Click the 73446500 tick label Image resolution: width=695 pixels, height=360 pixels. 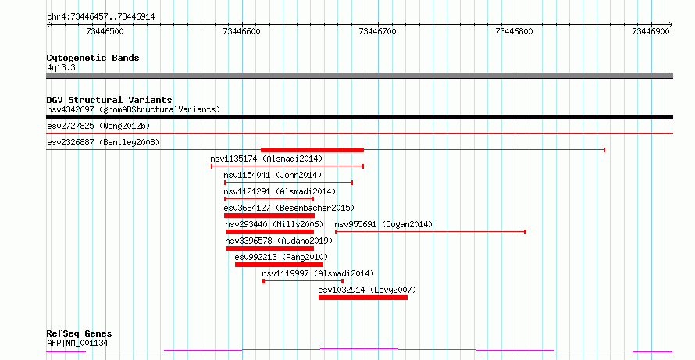pos(105,31)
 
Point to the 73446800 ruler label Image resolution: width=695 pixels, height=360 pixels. pos(515,31)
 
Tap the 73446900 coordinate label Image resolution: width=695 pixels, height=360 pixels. pos(650,31)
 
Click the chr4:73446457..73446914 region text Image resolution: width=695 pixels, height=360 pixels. pos(101,17)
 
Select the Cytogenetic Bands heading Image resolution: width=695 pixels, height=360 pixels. pos(93,58)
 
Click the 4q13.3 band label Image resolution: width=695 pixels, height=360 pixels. pos(61,68)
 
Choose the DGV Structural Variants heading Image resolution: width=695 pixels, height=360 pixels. pos(109,100)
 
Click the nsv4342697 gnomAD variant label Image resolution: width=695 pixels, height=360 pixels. pos(134,109)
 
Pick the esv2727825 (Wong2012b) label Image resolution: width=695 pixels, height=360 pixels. pos(99,126)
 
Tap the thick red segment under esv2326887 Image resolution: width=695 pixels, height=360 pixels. pos(312,150)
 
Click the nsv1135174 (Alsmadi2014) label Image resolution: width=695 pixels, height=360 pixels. pos(266,159)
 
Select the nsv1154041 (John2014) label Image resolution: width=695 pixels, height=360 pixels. pos(273,175)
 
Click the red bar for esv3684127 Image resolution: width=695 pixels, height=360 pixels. pos(269,216)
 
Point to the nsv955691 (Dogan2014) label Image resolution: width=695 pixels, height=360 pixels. pos(383,224)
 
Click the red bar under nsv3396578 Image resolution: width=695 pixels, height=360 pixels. pos(270,248)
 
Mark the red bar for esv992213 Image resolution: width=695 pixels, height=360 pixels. pos(280,265)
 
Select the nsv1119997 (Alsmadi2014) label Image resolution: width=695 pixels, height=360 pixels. pos(318,273)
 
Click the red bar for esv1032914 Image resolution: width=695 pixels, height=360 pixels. pos(363,298)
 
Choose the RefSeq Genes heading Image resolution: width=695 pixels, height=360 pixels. pos(80,333)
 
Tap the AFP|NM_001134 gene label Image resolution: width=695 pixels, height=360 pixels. pos(77,343)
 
